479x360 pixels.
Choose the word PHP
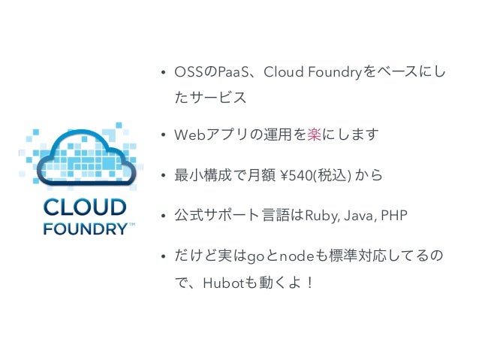point(393,216)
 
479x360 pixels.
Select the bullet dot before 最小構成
point(162,176)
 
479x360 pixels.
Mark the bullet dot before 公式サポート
point(162,216)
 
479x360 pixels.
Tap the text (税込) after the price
point(339,176)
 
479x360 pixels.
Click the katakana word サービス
point(217,98)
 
